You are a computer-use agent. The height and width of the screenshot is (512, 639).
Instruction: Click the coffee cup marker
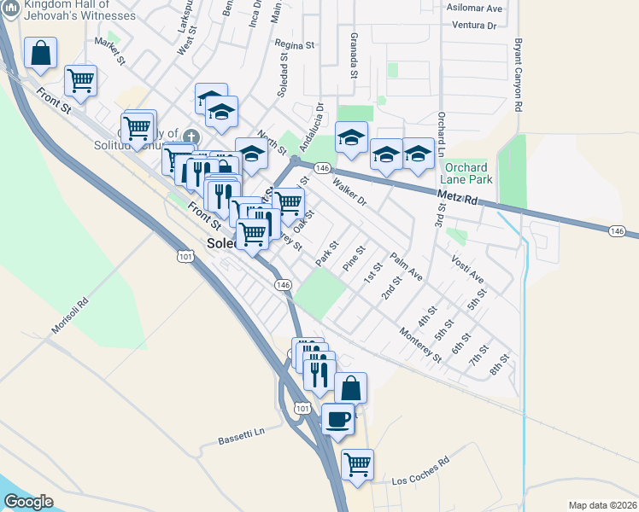tap(338, 419)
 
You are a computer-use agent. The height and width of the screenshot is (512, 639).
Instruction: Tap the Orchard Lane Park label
tap(466, 174)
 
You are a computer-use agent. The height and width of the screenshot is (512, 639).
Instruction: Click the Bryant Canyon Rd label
tap(519, 75)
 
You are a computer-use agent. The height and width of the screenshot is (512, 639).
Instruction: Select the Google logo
tap(28, 501)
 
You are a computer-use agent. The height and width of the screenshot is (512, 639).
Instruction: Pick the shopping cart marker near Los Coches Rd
tap(357, 464)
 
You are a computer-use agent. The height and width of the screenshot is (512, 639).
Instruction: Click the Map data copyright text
tap(602, 505)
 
